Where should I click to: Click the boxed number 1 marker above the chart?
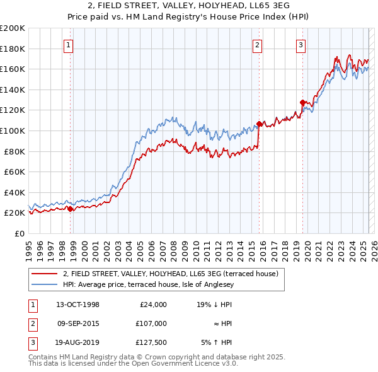[67, 45]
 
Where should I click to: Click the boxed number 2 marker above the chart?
[258, 45]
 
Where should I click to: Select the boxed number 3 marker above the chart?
[301, 45]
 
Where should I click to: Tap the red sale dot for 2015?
[259, 124]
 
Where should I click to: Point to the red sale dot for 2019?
[302, 102]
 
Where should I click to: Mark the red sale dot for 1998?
[71, 209]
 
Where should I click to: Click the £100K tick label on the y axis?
[13, 131]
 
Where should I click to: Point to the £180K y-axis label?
[13, 49]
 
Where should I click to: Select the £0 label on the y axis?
[19, 233]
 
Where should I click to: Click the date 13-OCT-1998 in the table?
[77, 305]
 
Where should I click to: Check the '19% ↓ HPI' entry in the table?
[214, 305]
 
